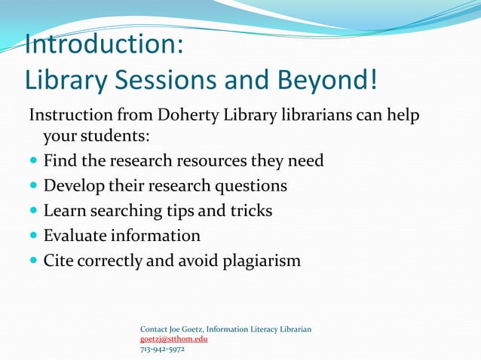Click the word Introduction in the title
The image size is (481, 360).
[104, 44]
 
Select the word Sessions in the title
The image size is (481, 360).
[188, 79]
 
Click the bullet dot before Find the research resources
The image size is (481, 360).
[33, 161]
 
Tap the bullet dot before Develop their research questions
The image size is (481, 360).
[33, 186]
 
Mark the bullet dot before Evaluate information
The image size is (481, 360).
[33, 236]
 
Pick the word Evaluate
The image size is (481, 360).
[75, 236]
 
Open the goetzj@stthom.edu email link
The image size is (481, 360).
[173, 339]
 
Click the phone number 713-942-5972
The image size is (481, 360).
[162, 349]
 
